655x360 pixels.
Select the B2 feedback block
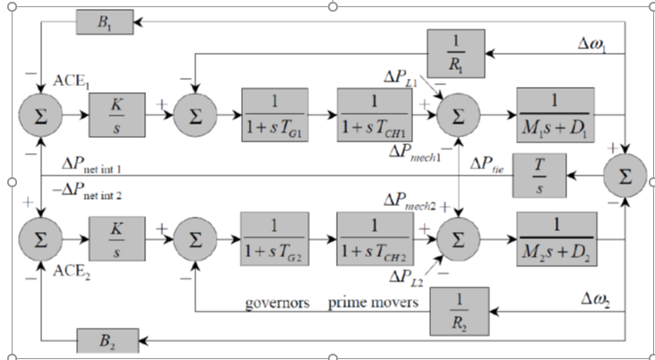click(x=104, y=340)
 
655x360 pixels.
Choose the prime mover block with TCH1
click(x=373, y=115)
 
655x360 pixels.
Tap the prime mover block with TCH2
click(x=373, y=239)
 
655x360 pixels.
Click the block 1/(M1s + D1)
click(x=554, y=114)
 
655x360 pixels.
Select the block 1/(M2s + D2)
click(x=554, y=239)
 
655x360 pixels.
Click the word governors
click(x=278, y=303)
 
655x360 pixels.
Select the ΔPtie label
click(x=489, y=165)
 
